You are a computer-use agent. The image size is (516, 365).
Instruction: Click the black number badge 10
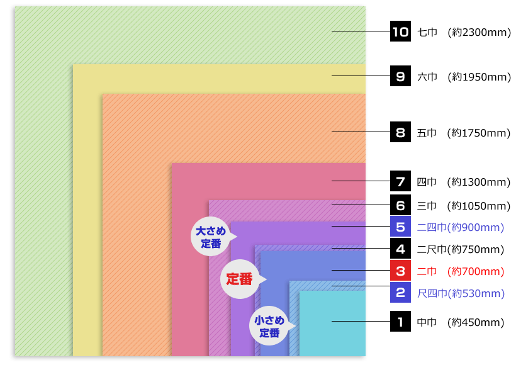[400, 31]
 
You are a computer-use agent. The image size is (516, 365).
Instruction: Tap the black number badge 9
[400, 76]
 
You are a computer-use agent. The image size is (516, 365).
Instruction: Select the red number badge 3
[400, 270]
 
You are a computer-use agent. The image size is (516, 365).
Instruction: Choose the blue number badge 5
[400, 226]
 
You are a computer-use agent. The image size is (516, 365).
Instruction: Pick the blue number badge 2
[400, 292]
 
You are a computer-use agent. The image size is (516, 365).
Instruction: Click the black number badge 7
[400, 181]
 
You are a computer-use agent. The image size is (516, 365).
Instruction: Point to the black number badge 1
[400, 321]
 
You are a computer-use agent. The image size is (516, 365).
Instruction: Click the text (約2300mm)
[479, 32]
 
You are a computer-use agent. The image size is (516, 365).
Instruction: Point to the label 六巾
[427, 77]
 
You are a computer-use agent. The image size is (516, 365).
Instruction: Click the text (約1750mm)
[478, 133]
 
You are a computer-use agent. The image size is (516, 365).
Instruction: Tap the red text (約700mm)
[476, 271]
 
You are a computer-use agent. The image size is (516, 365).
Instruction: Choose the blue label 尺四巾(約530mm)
[461, 293]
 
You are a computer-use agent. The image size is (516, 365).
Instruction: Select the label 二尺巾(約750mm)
[461, 249]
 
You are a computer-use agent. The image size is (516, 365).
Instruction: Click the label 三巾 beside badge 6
[427, 206]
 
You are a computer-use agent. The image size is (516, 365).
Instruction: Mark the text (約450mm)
[476, 322]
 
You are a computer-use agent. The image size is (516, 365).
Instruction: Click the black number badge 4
[400, 248]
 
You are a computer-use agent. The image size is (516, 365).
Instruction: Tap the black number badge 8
[400, 132]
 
